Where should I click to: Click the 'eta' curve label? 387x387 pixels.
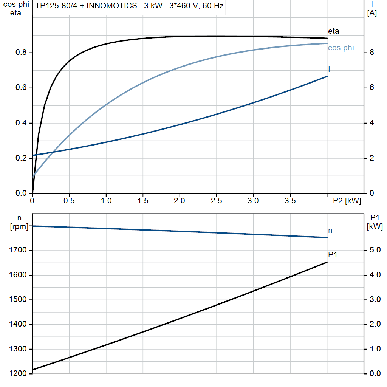(x=333, y=31)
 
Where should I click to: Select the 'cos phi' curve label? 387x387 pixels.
(x=341, y=48)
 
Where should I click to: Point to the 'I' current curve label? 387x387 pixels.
(x=329, y=69)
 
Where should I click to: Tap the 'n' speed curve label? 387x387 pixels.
(x=330, y=230)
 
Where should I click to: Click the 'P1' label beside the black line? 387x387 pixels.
(x=333, y=255)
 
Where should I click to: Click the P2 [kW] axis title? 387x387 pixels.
(x=347, y=201)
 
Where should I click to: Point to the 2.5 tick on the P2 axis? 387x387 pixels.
(x=217, y=201)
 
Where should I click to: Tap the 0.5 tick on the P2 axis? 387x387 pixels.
(x=70, y=201)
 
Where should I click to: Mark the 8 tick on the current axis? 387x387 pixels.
(x=372, y=53)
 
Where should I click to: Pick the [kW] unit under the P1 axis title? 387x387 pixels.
(x=375, y=226)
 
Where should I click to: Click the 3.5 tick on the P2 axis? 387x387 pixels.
(x=290, y=201)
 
